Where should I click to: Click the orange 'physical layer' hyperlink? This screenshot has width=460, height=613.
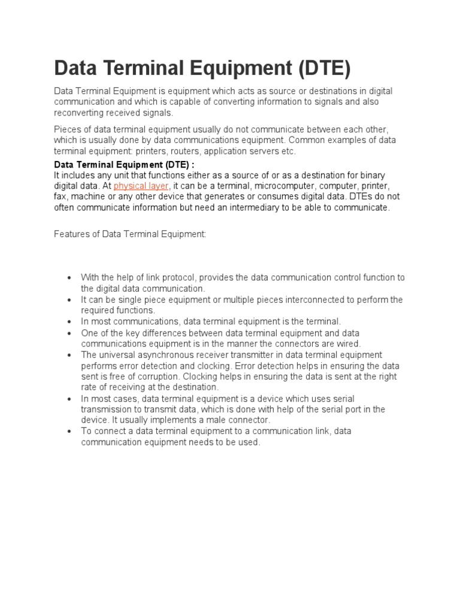pyautogui.click(x=141, y=186)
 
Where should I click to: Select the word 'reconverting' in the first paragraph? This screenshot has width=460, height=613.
pyautogui.click(x=81, y=113)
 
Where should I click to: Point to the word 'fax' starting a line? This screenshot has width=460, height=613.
pyautogui.click(x=60, y=196)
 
